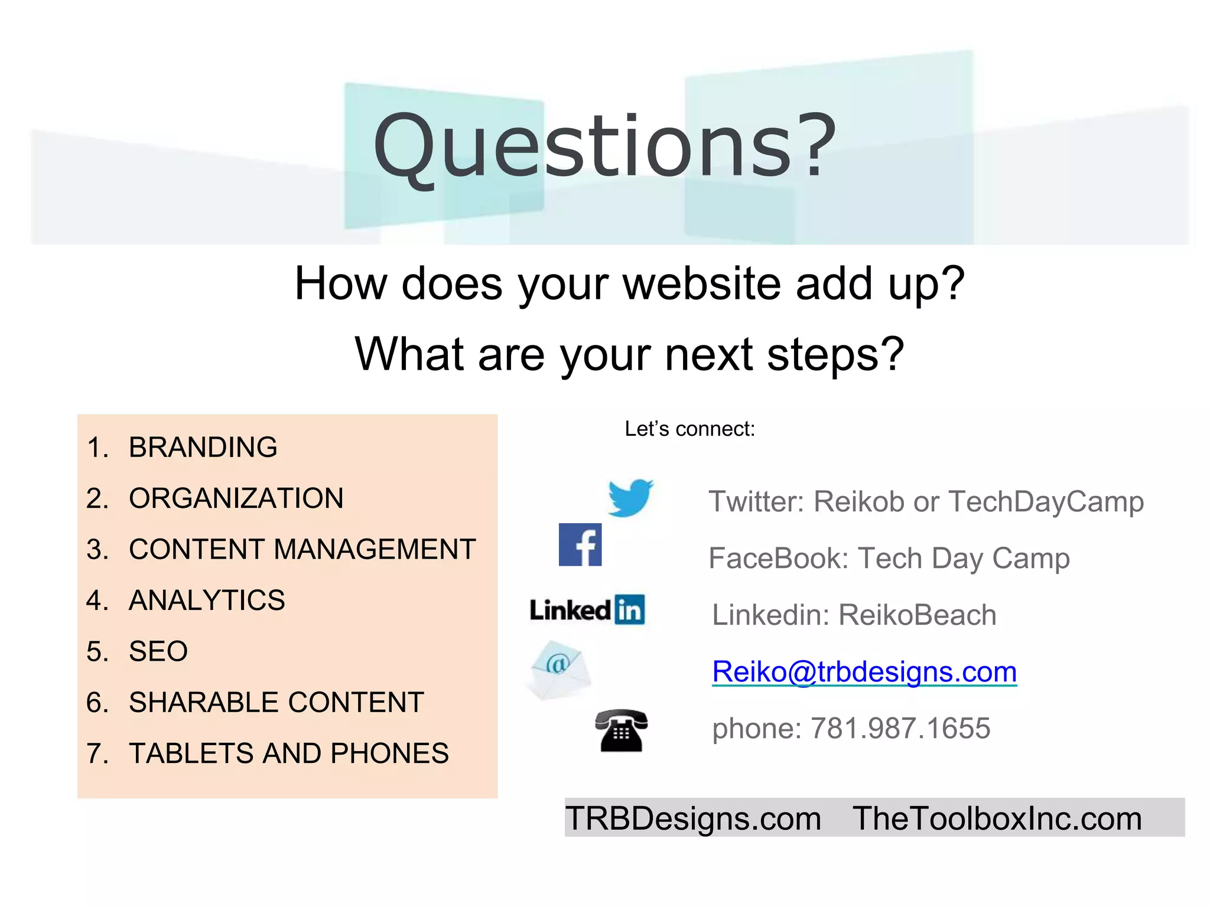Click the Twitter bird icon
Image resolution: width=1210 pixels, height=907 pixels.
(630, 498)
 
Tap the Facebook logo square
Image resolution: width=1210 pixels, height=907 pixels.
(580, 544)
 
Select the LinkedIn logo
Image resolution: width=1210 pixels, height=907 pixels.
(587, 610)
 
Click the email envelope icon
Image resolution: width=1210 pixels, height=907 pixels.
(558, 670)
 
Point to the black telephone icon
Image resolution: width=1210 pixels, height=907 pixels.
(621, 730)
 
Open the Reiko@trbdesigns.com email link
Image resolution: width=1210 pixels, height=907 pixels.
(864, 672)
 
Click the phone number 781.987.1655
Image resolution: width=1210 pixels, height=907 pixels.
(900, 728)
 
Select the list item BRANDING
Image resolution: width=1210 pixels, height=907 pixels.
(203, 447)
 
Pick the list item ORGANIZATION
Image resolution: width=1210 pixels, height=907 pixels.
(236, 498)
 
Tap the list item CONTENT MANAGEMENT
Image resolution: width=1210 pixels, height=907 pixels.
(302, 549)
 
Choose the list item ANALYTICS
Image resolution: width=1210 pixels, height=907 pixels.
(207, 601)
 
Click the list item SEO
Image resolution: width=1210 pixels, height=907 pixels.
(158, 651)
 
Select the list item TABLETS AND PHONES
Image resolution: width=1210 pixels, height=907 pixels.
(288, 753)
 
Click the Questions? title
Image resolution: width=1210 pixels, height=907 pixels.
(604, 146)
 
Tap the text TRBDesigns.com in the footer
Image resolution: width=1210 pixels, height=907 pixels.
(693, 818)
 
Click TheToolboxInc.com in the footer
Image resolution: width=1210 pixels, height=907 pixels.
(997, 818)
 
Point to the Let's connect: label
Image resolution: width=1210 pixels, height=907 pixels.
(689, 429)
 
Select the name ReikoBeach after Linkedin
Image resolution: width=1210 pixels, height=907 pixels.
(917, 615)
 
